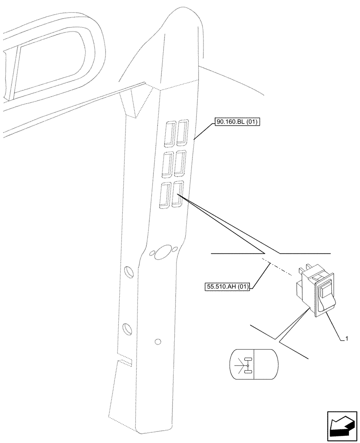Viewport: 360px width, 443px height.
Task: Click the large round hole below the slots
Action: [164, 252]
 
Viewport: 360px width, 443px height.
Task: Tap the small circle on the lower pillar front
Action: [158, 342]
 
